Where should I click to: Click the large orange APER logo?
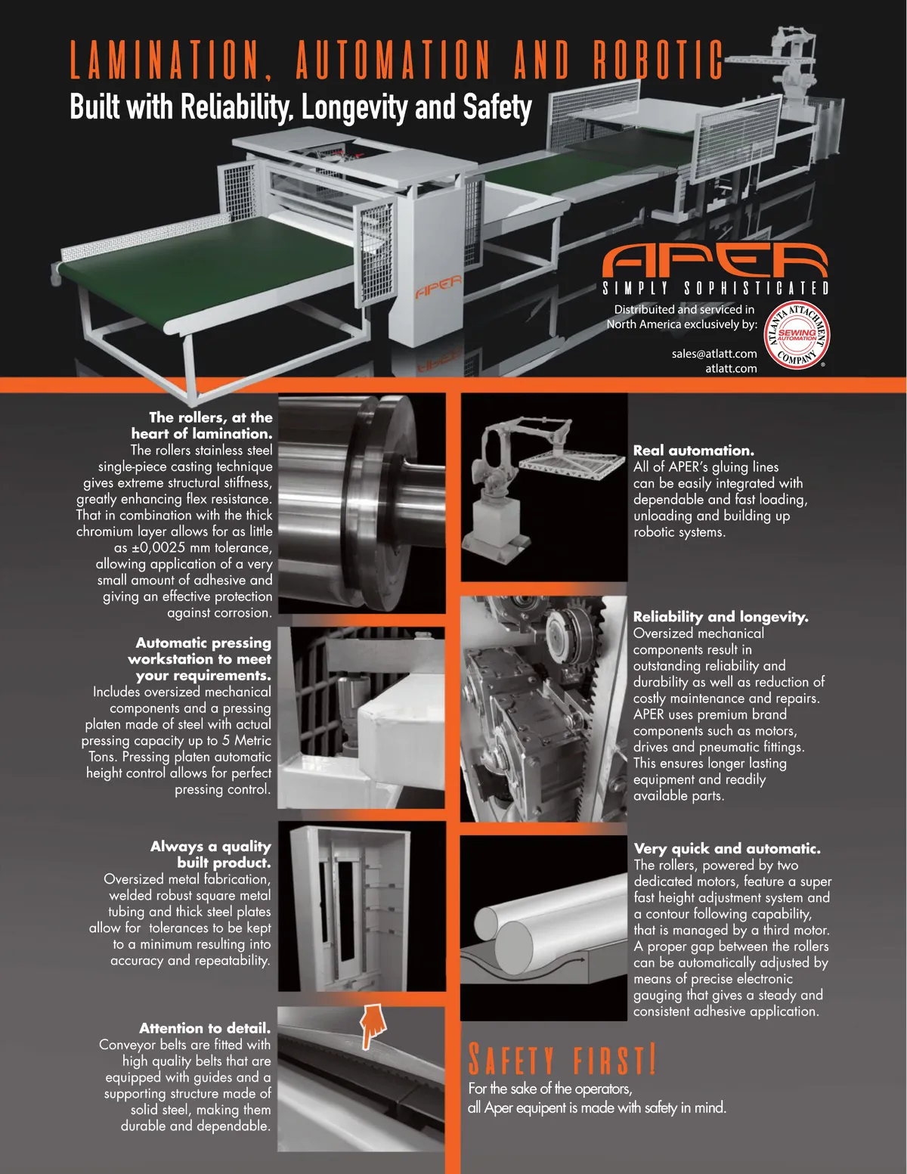715,260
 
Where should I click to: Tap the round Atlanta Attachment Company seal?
796,335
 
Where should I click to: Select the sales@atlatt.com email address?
714,354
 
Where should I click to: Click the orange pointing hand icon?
372,1026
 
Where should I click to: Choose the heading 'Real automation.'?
694,451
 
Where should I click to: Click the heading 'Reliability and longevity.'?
720,617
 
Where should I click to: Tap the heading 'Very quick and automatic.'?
727,849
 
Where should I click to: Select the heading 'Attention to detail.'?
205,1028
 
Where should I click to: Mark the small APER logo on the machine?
438,287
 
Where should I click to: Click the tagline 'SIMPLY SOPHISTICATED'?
716,288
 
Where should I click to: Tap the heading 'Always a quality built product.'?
211,854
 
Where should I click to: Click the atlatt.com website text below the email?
731,368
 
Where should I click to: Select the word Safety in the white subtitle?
497,107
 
